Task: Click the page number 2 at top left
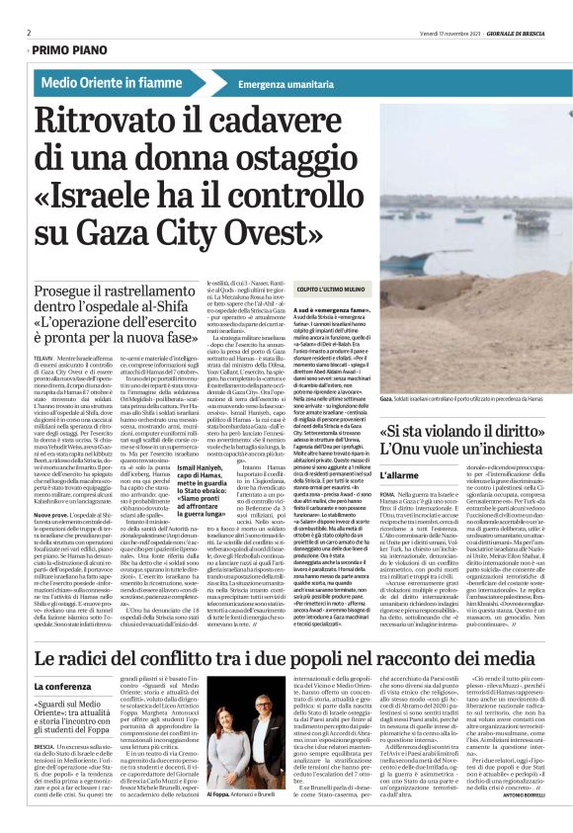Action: (29, 33)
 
